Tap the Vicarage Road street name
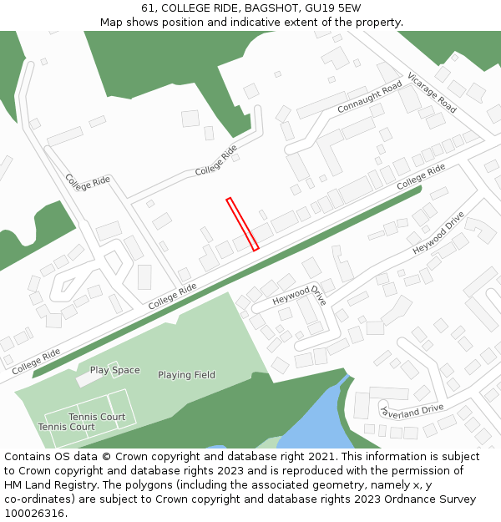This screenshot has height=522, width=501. click(432, 93)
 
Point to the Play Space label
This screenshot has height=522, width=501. click(114, 370)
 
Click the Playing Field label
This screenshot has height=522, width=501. click(186, 375)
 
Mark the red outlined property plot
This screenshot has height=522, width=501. click(242, 224)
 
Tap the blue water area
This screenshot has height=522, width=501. click(313, 422)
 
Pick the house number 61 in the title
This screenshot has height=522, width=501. click(148, 8)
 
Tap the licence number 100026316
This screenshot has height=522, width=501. click(35, 514)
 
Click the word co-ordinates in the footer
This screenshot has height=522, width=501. click(36, 499)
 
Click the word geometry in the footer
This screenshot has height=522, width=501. click(340, 485)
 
